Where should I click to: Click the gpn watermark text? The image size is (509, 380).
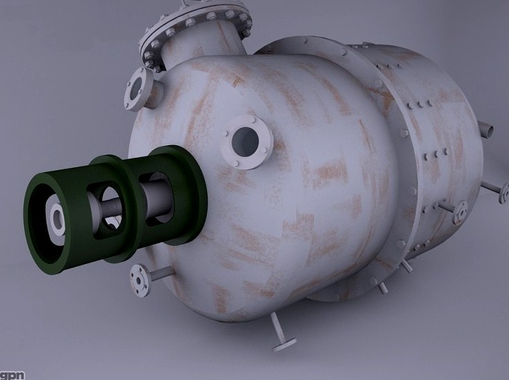coord(12,374)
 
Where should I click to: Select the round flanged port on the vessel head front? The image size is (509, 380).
coord(247,142)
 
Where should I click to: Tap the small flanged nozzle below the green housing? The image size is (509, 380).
coord(141,280)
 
